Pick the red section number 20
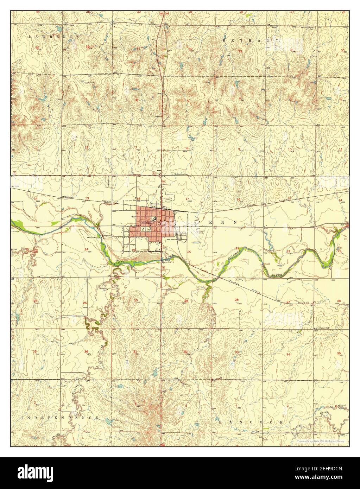189,252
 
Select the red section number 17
187,199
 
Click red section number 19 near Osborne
133,249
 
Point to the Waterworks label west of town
106,236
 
